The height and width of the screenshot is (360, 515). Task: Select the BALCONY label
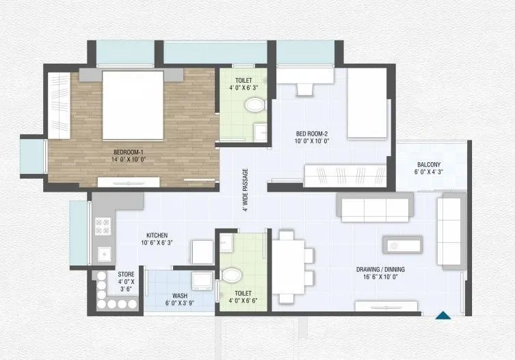click(429, 164)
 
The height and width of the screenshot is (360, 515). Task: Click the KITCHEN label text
click(157, 234)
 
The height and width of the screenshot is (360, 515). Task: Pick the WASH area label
click(180, 296)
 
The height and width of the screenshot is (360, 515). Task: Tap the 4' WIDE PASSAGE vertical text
click(245, 190)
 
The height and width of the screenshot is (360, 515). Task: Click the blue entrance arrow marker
click(443, 315)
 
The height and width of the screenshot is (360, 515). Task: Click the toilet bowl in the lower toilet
click(230, 275)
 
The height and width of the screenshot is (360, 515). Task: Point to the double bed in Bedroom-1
click(133, 104)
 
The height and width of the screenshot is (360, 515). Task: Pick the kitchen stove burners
click(104, 226)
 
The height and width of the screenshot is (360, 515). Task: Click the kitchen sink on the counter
click(105, 255)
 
